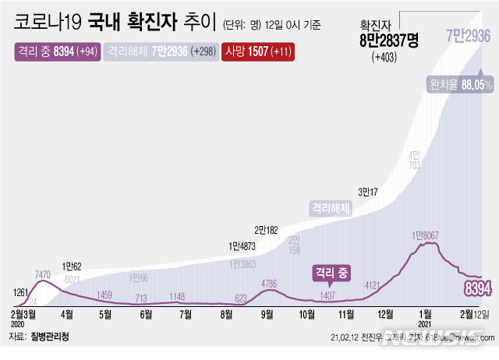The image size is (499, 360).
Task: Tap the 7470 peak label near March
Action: [43, 274]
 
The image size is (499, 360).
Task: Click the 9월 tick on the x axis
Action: [267, 315]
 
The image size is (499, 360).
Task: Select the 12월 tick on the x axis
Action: [384, 315]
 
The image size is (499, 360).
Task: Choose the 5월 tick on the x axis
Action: [105, 315]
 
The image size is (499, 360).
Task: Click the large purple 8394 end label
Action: [477, 290]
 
